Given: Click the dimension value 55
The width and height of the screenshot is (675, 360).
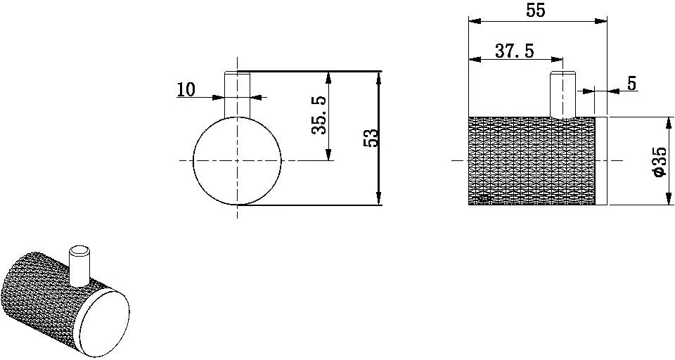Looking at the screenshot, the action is [x=536, y=10].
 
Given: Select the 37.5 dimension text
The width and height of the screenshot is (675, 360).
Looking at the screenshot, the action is [x=514, y=51].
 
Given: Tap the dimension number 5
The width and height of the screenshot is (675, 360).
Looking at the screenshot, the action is [x=631, y=84].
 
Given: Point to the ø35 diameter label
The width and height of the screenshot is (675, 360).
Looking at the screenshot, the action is [x=660, y=162].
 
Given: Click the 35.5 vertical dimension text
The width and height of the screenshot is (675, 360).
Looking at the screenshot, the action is [x=319, y=115].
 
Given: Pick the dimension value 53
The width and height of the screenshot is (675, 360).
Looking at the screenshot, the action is [x=371, y=138].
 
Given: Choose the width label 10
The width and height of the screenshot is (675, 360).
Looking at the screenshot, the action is [x=186, y=89].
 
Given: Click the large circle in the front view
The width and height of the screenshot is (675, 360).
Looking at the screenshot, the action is [x=193, y=160].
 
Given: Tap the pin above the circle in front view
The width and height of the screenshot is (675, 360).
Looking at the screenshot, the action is [x=237, y=94].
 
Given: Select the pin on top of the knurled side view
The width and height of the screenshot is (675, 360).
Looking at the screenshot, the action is [x=563, y=94].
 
